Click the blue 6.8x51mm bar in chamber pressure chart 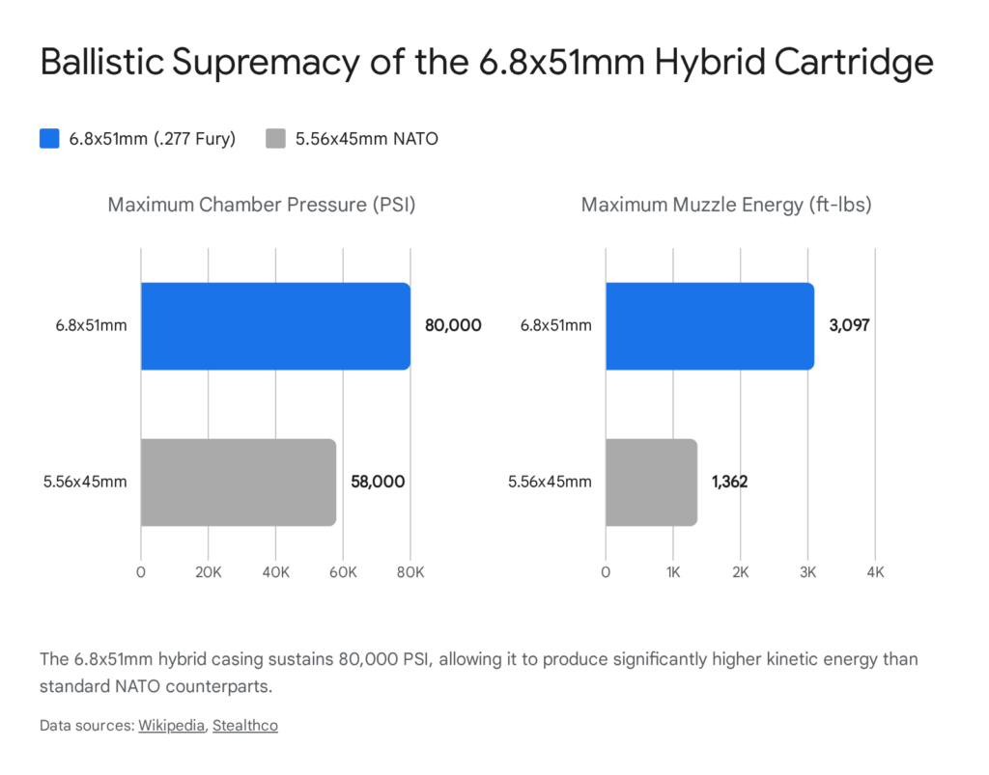pos(275,326)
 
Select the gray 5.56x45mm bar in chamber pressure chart pos(238,483)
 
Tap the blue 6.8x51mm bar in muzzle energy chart pos(709,326)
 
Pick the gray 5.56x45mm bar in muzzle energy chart pos(651,483)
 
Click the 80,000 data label pos(453,326)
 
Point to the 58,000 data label pos(377,482)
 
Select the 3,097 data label pos(849,326)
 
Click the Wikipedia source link pos(171,726)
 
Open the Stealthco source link pos(245,726)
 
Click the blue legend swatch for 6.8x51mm pos(50,139)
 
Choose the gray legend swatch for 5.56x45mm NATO pos(275,139)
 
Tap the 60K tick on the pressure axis pos(343,571)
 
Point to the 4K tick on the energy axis pos(875,571)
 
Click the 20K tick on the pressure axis pos(209,571)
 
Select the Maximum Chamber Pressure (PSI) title pos(262,206)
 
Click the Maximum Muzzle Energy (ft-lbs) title pos(726,206)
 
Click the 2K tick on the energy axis pos(740,571)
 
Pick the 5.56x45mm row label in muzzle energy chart pos(550,482)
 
